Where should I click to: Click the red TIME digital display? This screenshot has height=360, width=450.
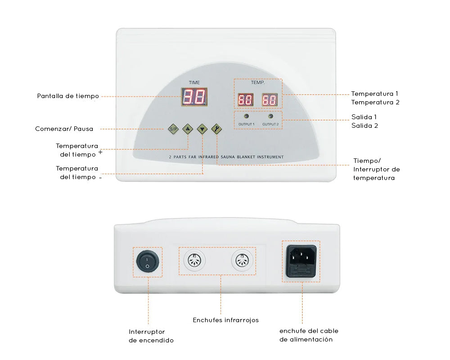pos(194,97)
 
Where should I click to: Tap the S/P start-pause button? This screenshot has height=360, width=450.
pos(173,129)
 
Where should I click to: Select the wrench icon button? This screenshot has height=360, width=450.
pos(216,129)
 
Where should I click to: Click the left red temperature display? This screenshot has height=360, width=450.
pos(245,100)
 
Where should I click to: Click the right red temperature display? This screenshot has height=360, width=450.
pos(270,100)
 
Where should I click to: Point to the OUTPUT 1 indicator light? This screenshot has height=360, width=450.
pos(246,116)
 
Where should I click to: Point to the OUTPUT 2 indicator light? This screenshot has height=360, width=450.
pos(270,116)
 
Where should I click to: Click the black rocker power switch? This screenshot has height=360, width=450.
pos(147,261)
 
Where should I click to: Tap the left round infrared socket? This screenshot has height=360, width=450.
pos(194,261)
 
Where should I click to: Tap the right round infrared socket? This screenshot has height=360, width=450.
pos(241,261)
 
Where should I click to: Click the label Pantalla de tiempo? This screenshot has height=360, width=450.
pos(68,96)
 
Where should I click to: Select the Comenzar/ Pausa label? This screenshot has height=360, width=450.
pos(64,129)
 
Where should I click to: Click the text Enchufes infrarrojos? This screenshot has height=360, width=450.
pos(225,320)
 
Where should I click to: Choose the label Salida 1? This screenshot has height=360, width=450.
pos(364,117)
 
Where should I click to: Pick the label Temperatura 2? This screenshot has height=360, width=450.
pos(375,102)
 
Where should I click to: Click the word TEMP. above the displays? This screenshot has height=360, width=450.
pos(257,83)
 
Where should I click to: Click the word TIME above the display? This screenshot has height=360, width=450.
pos(194,83)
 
